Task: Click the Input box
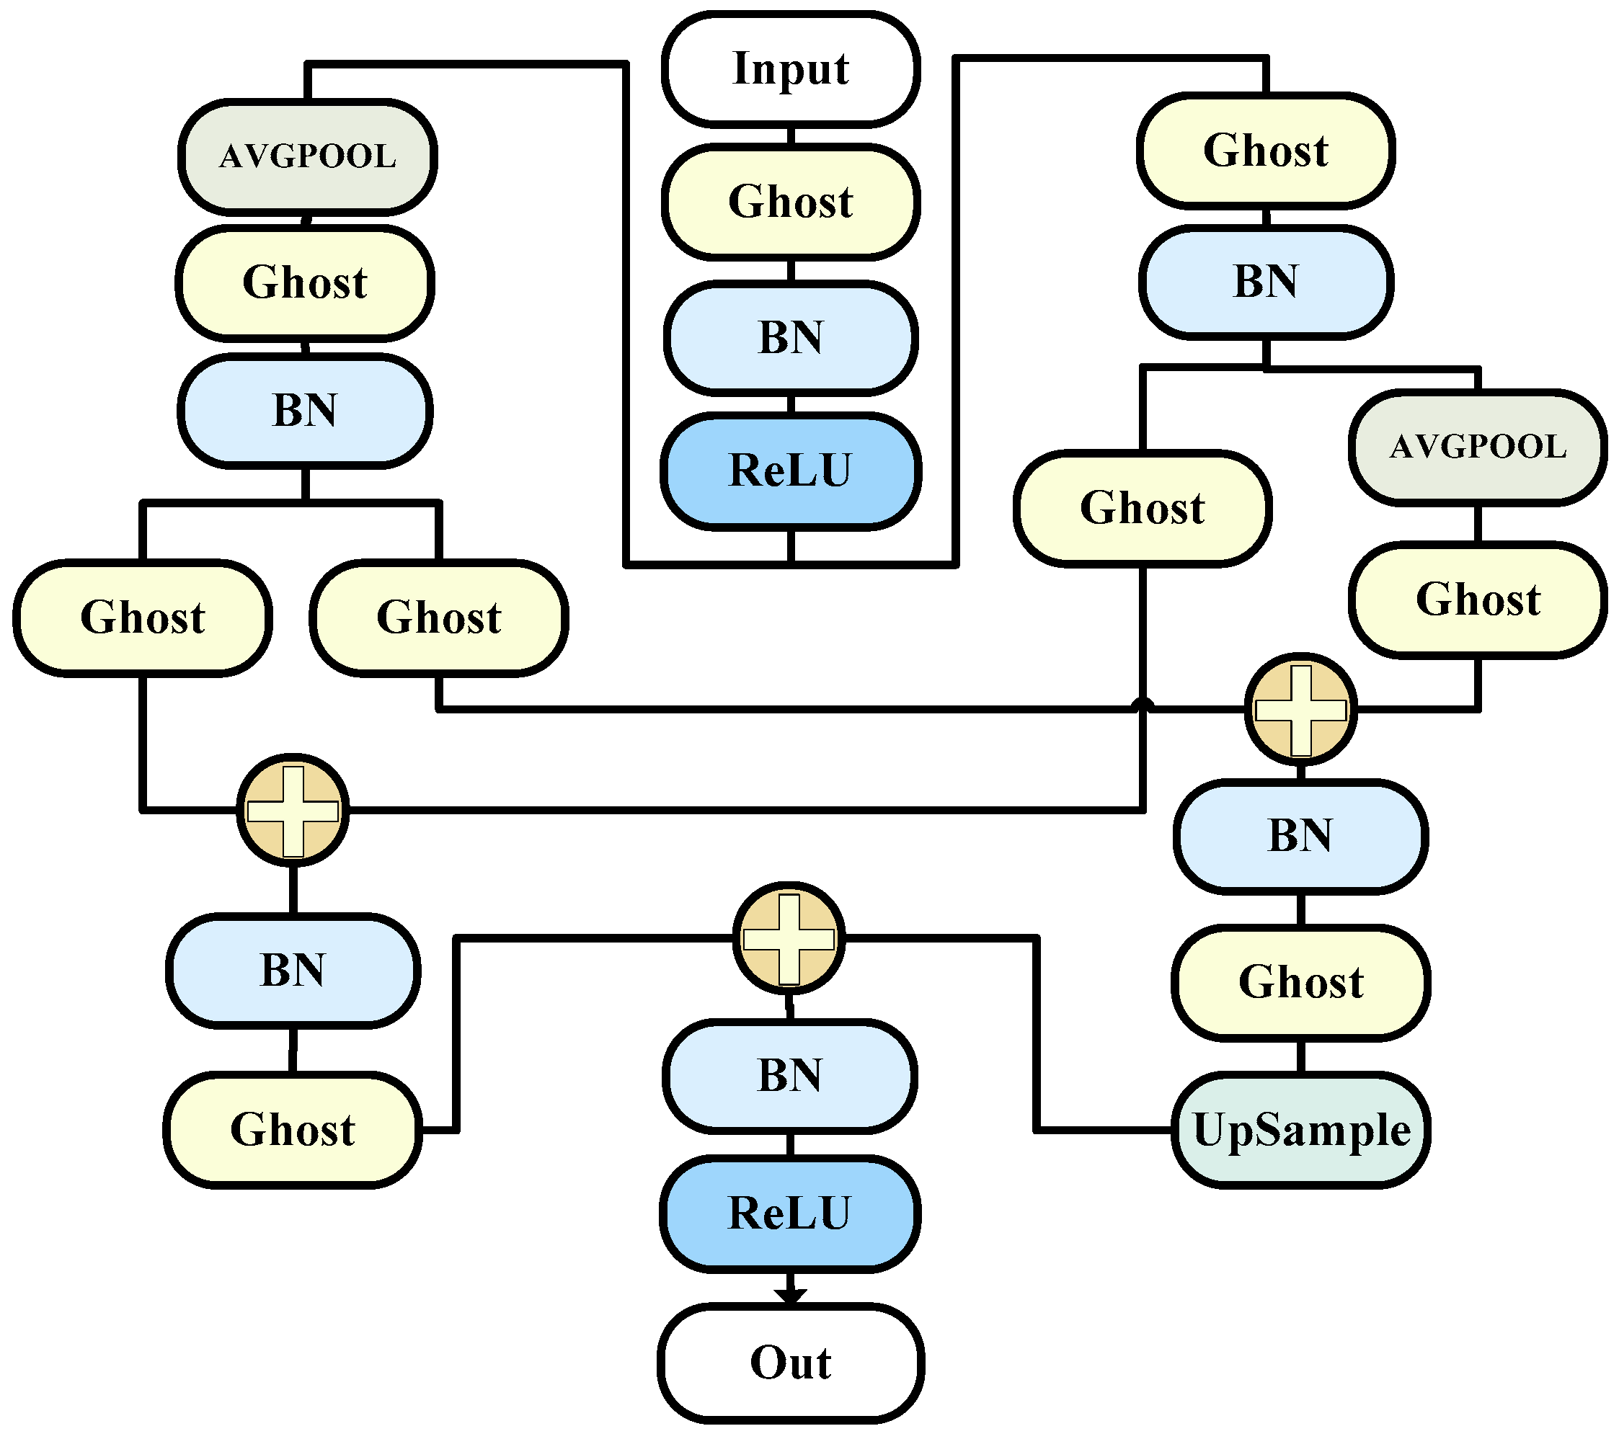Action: [x=791, y=69]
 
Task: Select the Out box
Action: [x=791, y=1363]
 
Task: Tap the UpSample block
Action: [x=1300, y=1130]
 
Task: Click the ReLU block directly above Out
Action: [x=790, y=1213]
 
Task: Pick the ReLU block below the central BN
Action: [x=791, y=471]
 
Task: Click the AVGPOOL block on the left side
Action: [x=307, y=157]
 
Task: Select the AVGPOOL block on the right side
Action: [x=1478, y=447]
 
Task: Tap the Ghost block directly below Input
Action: [x=791, y=202]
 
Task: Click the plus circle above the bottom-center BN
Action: [x=789, y=939]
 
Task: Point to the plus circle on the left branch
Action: [x=293, y=811]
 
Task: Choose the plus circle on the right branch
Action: [x=1300, y=710]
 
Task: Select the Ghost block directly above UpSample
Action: [x=1300, y=983]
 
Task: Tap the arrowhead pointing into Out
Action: [x=791, y=1296]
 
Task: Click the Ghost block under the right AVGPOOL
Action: [x=1478, y=600]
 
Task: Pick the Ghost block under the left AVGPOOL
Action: [x=305, y=282]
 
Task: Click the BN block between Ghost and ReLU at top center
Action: [x=791, y=338]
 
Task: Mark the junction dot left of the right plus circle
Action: [x=1143, y=705]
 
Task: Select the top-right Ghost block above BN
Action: [x=1266, y=151]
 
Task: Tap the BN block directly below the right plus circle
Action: [x=1300, y=837]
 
